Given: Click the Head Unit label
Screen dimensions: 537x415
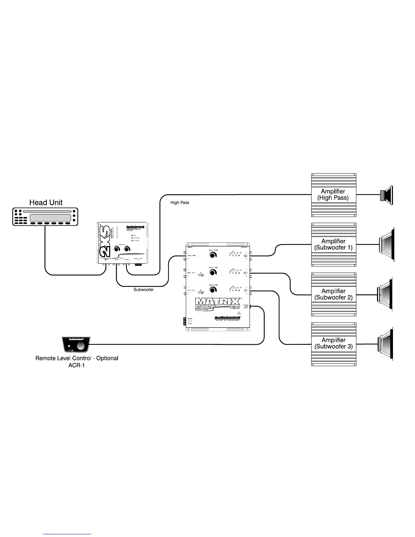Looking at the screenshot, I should pyautogui.click(x=46, y=202).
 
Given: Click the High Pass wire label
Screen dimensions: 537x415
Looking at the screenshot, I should pyautogui.click(x=180, y=203).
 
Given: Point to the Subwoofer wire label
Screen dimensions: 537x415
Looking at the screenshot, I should pyautogui.click(x=143, y=290).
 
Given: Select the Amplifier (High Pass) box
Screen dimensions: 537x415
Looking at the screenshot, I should pyautogui.click(x=334, y=195).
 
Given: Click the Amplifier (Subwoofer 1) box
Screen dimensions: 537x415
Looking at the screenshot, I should pyautogui.click(x=334, y=244).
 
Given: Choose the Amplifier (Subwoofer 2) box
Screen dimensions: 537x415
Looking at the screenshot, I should pyautogui.click(x=334, y=294).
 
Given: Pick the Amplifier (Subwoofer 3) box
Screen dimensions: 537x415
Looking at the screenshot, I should pyautogui.click(x=334, y=344).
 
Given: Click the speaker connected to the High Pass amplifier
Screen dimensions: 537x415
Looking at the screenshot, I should pyautogui.click(x=387, y=195).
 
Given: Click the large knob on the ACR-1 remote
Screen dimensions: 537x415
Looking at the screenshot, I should pyautogui.click(x=81, y=346).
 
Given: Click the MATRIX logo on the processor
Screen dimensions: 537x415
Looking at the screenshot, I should pyautogui.click(x=218, y=301).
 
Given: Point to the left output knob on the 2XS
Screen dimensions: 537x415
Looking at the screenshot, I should pyautogui.click(x=117, y=250).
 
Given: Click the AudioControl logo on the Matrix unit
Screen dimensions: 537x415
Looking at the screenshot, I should pyautogui.click(x=227, y=318).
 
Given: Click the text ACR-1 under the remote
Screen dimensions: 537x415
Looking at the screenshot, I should pyautogui.click(x=77, y=365).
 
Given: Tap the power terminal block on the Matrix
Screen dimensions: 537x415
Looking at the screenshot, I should pyautogui.click(x=185, y=321).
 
